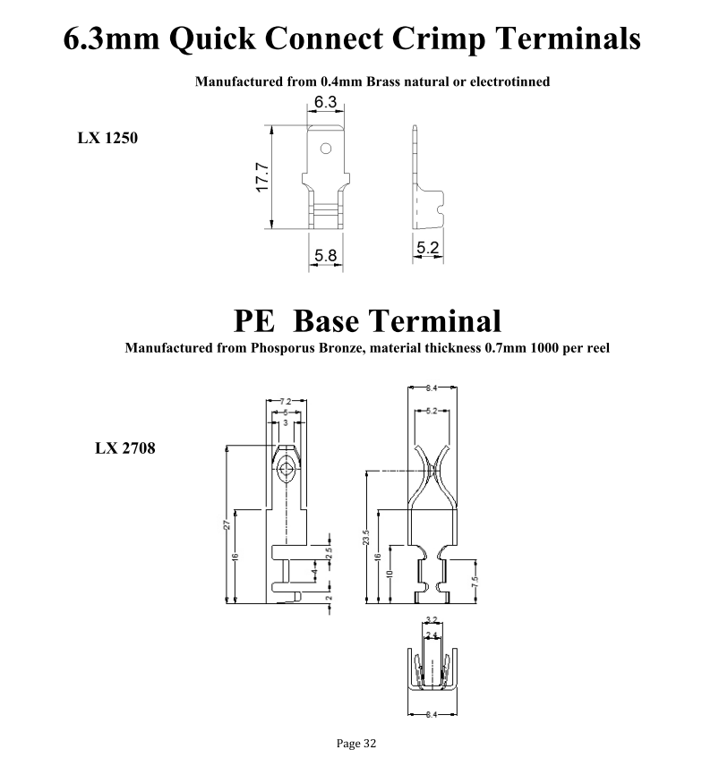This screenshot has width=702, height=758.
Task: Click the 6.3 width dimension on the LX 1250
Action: click(325, 103)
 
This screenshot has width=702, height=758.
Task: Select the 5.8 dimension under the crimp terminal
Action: click(325, 257)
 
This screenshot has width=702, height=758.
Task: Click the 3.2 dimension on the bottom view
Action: click(431, 619)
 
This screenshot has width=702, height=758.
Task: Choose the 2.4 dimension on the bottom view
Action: click(431, 634)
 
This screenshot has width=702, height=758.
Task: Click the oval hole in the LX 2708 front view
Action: click(287, 469)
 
